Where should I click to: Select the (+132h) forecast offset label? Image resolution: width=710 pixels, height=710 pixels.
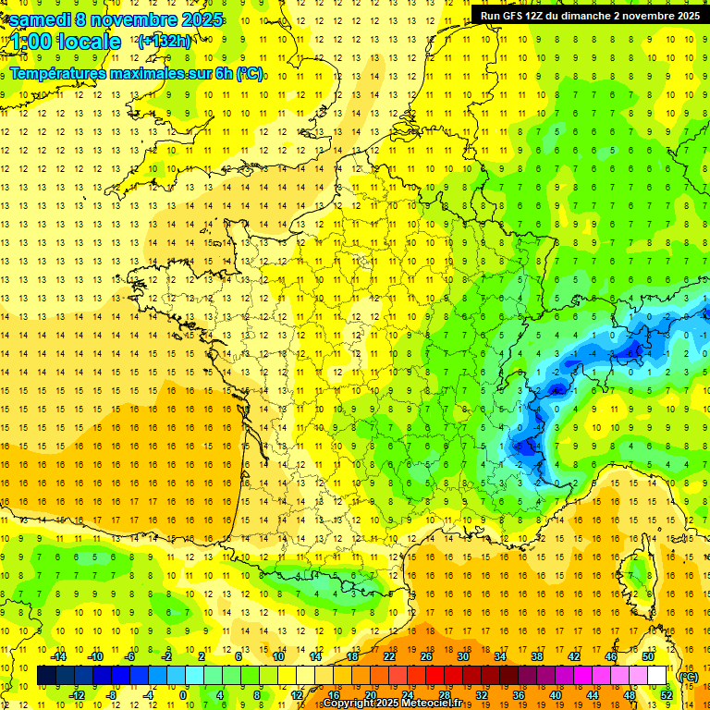pyautogui.click(x=165, y=41)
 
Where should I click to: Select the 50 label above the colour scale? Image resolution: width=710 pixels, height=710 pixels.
pyautogui.click(x=648, y=656)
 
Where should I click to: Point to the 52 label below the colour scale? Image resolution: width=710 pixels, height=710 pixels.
pyautogui.click(x=667, y=695)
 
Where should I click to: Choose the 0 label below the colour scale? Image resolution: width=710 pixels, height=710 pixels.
pyautogui.click(x=183, y=695)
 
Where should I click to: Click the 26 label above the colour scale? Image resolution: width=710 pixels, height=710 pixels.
pyautogui.click(x=426, y=656)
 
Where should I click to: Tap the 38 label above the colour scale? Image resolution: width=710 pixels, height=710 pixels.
pyautogui.click(x=537, y=656)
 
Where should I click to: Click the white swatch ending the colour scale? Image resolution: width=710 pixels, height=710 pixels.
pyautogui.click(x=657, y=676)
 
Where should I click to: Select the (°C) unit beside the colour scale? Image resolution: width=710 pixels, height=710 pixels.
pyautogui.click(x=687, y=676)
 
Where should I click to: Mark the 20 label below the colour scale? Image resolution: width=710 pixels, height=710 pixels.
pyautogui.click(x=371, y=695)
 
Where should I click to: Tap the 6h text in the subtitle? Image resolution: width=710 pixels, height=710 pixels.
pyautogui.click(x=221, y=73)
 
